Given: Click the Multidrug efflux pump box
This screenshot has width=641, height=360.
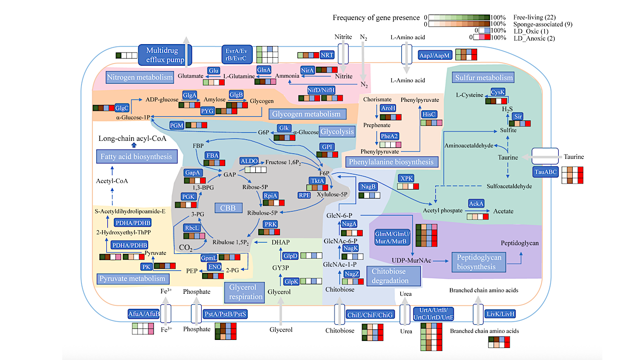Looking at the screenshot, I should click(x=159, y=55).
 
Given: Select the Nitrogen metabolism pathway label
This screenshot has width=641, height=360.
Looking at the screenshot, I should click(x=132, y=77).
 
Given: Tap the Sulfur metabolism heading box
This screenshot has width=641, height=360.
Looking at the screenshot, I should click(x=484, y=77).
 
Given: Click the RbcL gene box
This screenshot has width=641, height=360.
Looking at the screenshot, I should click(x=193, y=228).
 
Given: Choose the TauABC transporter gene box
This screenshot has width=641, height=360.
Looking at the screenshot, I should click(x=545, y=172).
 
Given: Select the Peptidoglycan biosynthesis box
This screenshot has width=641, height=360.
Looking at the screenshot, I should click(x=479, y=262).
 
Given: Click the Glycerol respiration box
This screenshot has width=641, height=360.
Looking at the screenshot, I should click(x=246, y=292).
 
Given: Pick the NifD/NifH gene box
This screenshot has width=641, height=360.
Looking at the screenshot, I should click(x=321, y=90).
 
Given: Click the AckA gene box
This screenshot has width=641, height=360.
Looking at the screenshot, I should click(x=476, y=204).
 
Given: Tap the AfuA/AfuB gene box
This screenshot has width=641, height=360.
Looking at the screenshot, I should click(x=143, y=314).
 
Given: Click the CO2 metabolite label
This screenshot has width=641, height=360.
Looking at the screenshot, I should click(x=187, y=247).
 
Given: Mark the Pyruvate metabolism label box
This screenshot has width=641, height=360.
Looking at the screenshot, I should click(x=132, y=278).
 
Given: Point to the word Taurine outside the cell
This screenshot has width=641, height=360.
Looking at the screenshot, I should click(x=574, y=156).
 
